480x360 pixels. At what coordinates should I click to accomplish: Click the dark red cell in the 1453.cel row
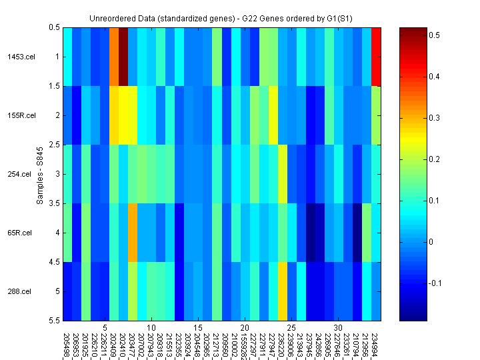point(123,57)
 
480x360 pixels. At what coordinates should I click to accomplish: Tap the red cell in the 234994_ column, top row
point(377,57)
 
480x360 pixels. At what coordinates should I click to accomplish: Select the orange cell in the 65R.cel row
point(133,233)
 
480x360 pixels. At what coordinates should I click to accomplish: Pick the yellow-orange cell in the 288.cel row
point(283,291)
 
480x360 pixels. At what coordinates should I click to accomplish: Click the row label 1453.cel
point(19,57)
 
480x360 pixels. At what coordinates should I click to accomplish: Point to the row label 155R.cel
point(19,115)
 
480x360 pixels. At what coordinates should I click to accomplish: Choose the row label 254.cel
point(19,174)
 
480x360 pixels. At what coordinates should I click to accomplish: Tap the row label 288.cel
point(19,291)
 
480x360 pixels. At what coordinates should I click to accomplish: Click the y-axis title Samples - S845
point(40,174)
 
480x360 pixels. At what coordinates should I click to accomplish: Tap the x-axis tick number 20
point(245,328)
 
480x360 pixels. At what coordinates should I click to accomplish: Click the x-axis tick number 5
point(105,328)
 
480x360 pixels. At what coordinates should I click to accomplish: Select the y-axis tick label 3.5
point(53,203)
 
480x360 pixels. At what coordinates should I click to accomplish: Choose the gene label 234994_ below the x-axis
point(376,343)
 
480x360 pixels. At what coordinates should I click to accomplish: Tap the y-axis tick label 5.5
point(53,321)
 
